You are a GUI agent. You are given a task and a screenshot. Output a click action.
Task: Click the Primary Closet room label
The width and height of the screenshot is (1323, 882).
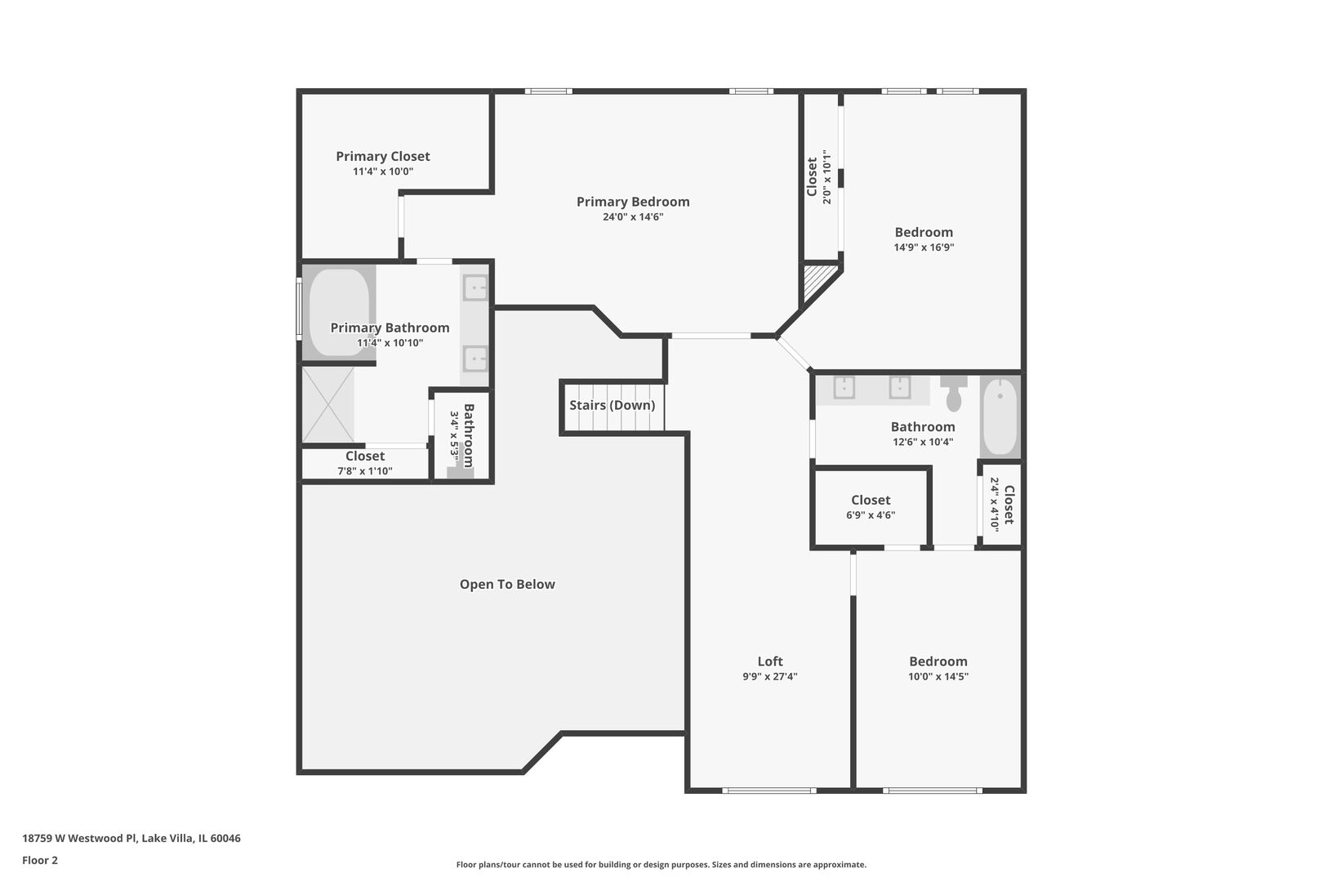(x=382, y=156)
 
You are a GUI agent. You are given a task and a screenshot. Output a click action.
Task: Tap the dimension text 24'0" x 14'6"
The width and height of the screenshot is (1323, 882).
(x=633, y=217)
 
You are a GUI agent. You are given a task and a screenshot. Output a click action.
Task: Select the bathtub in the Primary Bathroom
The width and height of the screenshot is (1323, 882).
(x=338, y=312)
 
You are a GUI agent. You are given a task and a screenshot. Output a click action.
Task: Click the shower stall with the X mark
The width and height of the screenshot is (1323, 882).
(x=328, y=405)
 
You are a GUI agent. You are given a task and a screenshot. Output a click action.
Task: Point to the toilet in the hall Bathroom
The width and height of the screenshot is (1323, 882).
(x=954, y=395)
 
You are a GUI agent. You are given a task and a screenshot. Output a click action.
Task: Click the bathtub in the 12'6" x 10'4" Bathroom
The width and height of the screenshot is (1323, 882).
(x=1000, y=416)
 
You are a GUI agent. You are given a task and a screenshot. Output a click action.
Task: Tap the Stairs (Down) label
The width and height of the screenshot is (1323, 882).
(x=612, y=405)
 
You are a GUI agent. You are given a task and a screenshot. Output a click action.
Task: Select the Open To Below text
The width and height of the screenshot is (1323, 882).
(x=507, y=584)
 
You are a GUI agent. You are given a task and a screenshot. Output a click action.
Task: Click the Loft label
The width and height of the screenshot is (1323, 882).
(x=769, y=661)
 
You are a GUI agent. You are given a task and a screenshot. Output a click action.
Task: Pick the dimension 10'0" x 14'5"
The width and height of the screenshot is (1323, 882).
(x=938, y=676)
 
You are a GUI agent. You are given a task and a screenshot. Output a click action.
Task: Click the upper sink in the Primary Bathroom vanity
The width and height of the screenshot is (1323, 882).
(x=475, y=287)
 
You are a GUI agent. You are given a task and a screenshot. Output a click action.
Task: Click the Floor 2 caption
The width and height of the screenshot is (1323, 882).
(x=40, y=860)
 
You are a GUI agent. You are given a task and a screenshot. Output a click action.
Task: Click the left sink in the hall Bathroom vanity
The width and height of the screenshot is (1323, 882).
(x=844, y=386)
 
